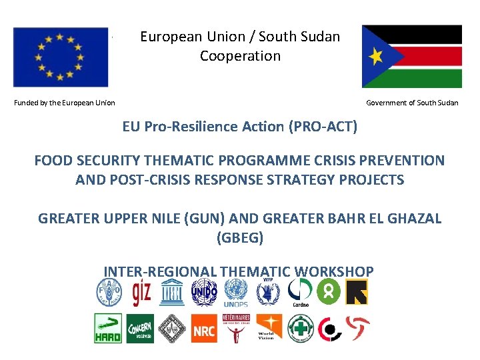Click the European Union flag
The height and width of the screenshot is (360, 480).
60,57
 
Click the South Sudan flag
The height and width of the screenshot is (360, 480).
411,57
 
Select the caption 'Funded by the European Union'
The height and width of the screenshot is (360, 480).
65,103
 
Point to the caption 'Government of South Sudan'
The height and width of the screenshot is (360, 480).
412,103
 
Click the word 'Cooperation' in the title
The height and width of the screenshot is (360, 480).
240,56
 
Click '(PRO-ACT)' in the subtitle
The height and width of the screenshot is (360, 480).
323,126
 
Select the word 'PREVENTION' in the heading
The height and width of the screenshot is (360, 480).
404,160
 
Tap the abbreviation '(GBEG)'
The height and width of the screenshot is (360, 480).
240,237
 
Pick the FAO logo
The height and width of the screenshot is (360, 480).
109,292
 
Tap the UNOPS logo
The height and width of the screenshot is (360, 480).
236,293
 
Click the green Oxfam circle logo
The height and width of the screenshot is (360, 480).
328,291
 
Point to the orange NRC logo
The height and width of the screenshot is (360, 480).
204,329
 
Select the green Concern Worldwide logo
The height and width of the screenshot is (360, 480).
140,328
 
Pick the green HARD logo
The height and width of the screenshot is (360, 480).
108,328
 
